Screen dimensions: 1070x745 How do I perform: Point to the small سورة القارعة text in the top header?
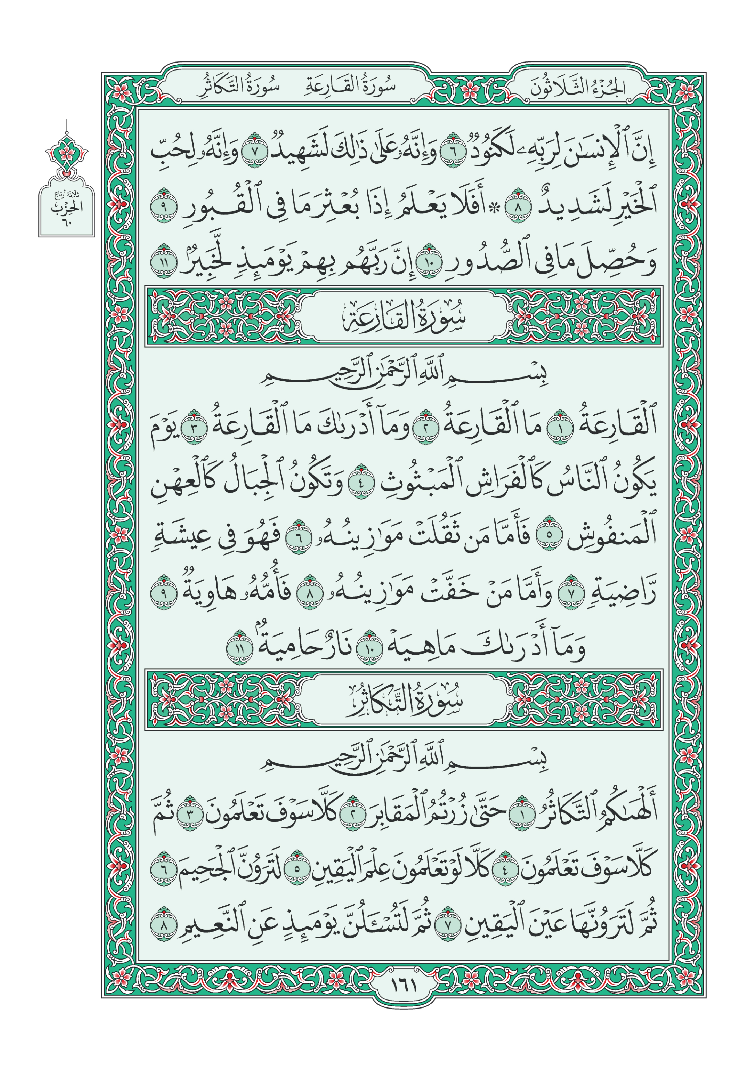(x=351, y=87)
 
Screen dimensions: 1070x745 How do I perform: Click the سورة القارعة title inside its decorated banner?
(x=404, y=317)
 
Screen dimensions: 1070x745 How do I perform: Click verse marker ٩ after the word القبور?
(x=164, y=205)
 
